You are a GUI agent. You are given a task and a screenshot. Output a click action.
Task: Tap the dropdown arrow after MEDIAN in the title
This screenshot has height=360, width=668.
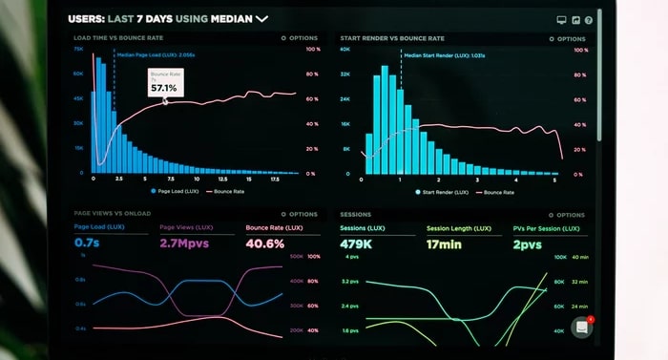(261, 18)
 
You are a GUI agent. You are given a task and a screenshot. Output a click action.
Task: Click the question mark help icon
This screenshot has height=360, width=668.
(589, 19)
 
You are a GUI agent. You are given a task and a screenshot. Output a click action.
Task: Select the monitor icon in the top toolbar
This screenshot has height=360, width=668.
(561, 19)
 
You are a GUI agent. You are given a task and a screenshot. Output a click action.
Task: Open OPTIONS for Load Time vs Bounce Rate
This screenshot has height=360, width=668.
(301, 38)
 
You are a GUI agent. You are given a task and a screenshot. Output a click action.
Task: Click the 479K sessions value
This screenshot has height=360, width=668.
(357, 244)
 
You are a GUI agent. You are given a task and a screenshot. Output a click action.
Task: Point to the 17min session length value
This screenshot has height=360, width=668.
(444, 244)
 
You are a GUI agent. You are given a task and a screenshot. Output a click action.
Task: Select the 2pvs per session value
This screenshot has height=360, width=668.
(527, 244)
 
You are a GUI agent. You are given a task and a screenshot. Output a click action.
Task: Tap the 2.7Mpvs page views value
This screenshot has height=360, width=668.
(185, 244)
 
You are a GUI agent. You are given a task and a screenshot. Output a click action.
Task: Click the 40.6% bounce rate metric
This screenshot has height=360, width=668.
(264, 244)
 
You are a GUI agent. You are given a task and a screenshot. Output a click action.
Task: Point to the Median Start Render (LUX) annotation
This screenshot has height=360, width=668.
(444, 55)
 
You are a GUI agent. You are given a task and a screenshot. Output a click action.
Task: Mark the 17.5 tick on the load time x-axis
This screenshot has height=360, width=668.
(274, 180)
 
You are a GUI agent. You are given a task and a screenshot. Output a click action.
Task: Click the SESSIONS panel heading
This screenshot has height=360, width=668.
(356, 215)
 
